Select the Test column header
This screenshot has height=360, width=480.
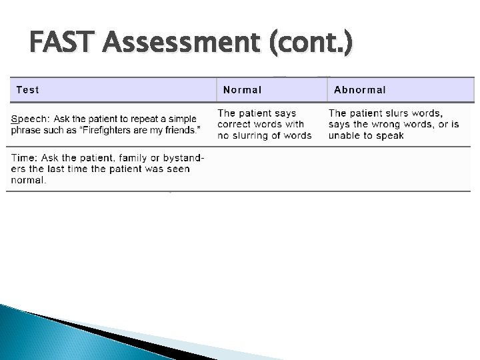27,89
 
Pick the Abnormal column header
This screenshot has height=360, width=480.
360,89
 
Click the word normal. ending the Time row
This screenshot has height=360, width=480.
29,180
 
